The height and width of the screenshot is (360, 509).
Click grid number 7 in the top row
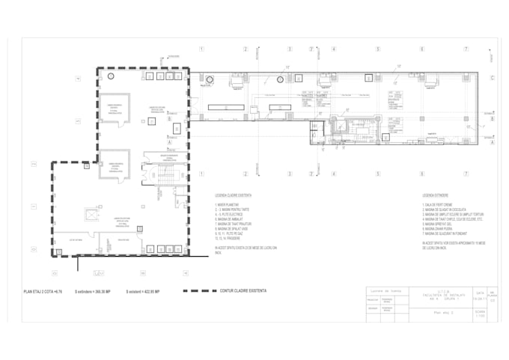click(x=466, y=49)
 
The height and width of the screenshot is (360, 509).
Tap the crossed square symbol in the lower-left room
click(x=91, y=216)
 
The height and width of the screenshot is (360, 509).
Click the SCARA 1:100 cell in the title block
click(x=479, y=314)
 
